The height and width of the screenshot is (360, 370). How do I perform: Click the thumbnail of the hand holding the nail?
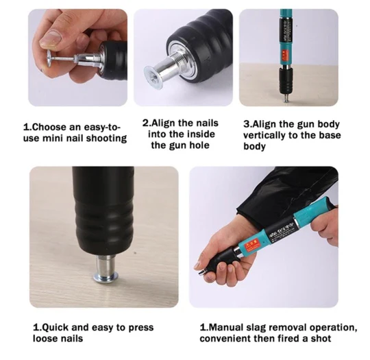tap(78, 58)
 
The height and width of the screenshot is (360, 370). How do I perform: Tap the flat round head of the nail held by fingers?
tap(49, 58)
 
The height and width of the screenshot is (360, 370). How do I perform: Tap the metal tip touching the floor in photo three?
tap(286, 99)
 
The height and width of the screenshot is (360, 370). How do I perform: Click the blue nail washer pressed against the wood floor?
tap(106, 277)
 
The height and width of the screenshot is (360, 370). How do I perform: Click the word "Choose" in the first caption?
tap(49, 127)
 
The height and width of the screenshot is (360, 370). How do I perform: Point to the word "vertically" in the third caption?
tap(265, 136)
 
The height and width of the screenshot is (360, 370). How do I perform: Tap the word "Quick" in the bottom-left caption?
tap(55, 327)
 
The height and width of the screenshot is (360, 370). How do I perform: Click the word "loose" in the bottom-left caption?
tap(45, 339)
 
